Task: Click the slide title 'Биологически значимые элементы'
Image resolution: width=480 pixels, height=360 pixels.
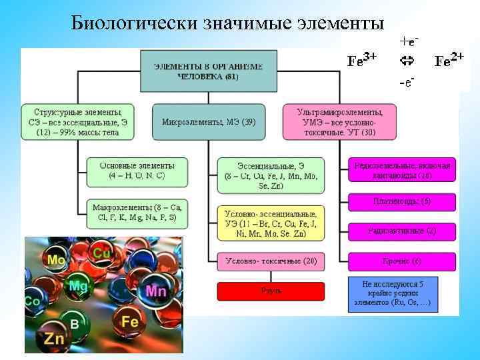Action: tap(227, 23)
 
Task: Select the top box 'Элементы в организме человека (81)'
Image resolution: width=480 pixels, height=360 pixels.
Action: tap(208, 71)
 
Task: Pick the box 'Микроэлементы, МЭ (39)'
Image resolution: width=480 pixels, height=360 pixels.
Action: tap(208, 122)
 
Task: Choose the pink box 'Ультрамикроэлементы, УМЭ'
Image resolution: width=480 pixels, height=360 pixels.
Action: tap(339, 122)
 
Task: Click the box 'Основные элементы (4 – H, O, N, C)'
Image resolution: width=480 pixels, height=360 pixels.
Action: tap(136, 171)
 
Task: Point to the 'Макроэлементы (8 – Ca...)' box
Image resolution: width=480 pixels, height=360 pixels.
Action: tap(136, 213)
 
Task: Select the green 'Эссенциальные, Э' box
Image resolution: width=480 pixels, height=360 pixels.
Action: tap(270, 175)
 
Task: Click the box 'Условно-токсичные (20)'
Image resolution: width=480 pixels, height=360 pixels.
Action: tap(270, 261)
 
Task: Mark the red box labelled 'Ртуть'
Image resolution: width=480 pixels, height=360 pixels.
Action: tap(270, 291)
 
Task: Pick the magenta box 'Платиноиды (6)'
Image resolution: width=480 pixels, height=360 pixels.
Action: tap(401, 201)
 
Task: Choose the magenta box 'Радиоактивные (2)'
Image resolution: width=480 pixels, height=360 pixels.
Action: tap(401, 231)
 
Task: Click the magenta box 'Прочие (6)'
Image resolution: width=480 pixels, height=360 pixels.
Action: tap(401, 261)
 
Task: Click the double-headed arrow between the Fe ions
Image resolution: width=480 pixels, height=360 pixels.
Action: tap(407, 61)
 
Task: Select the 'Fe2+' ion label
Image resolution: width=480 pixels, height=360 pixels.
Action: tap(449, 61)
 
